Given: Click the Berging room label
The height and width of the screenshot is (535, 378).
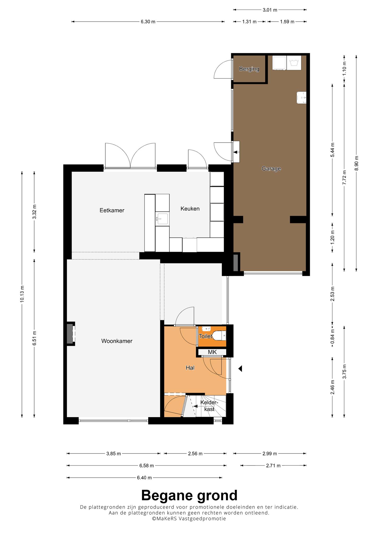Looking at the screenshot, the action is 249,69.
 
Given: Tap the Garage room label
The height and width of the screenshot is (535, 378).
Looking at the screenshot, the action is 271,169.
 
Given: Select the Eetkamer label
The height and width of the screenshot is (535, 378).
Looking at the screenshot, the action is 112,210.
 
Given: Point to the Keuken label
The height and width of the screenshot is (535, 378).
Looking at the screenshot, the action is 190,209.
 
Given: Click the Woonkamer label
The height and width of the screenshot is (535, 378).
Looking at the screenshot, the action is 117,341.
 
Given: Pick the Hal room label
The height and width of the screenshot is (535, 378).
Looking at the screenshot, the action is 190,368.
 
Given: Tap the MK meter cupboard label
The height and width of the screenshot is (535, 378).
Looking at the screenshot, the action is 212,352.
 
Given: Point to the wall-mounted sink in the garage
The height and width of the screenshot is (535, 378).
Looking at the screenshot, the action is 302,98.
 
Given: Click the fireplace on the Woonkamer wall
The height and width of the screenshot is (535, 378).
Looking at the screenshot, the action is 70,334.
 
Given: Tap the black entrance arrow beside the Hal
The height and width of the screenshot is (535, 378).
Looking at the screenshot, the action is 240,369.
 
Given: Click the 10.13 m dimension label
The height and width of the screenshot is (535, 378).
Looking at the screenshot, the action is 22,294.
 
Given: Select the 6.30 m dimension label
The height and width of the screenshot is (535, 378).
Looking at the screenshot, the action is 148,22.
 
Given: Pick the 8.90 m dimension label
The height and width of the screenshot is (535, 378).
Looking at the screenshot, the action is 357,163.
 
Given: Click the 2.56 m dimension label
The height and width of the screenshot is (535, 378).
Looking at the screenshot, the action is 195,454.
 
